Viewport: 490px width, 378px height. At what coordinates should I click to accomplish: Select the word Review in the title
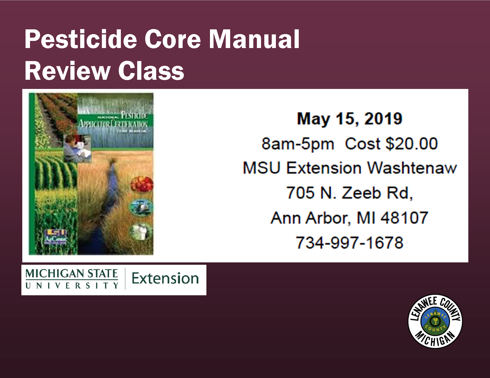[x=67, y=71]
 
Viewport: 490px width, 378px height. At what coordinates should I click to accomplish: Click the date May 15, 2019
[x=350, y=119]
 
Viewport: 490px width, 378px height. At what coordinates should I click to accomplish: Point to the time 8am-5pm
[x=298, y=144]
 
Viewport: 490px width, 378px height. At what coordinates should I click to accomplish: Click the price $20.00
[x=411, y=144]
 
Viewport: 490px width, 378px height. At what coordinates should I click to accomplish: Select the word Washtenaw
[x=412, y=168]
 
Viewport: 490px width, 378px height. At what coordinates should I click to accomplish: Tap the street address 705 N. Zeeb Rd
[x=349, y=193]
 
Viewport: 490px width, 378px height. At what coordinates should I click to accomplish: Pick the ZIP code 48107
[x=404, y=218]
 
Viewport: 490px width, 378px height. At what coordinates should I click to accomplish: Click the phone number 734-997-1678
[x=349, y=243]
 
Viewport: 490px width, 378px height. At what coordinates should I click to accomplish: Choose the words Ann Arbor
[x=309, y=218]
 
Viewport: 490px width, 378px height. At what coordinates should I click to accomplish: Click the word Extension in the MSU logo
[x=165, y=278]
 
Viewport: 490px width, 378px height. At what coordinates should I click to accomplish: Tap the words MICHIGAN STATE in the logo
[x=72, y=273]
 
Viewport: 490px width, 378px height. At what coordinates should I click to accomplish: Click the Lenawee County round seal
[x=435, y=321]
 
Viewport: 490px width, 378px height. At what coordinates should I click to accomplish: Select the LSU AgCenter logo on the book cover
[x=56, y=236]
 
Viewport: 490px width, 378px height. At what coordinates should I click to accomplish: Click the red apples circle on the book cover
[x=142, y=184]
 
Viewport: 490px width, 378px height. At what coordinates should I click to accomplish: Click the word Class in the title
[x=151, y=71]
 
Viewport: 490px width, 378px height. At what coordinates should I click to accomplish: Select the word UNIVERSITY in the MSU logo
[x=72, y=286]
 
